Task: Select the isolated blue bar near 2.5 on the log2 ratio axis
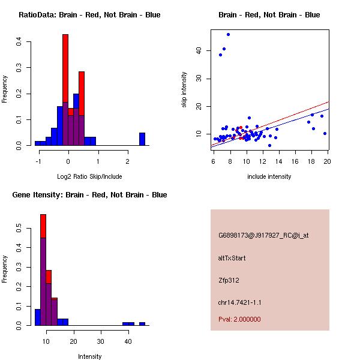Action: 142,139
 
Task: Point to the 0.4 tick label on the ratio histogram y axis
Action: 19,41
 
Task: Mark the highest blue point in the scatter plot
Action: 228,34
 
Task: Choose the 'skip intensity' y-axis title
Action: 184,90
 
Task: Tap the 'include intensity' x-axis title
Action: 269,176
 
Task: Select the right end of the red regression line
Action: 329,101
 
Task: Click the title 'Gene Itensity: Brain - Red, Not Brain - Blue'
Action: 89,194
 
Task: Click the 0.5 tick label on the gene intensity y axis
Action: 19,228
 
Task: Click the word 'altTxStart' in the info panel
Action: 232,258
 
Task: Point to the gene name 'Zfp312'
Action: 229,280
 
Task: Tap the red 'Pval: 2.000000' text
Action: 239,319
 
